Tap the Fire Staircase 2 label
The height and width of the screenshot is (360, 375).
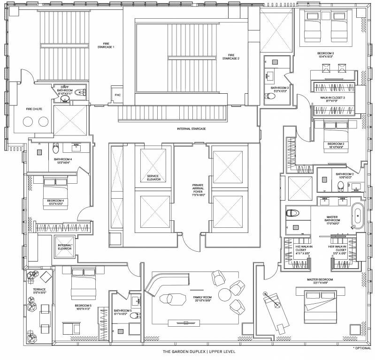pos(230,57)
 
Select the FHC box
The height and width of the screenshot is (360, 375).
pos(118,94)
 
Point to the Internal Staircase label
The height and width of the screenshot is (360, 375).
pos(191,128)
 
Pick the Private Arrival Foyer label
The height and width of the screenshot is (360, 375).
pos(198,189)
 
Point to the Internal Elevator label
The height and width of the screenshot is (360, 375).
pos(65,247)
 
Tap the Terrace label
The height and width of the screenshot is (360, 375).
pos(39,290)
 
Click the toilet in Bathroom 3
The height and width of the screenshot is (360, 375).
pos(271,97)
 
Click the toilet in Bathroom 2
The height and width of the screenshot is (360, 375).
pos(341,186)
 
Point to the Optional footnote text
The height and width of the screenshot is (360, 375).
pos(363,348)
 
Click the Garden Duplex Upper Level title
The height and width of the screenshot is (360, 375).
pos(188,351)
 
